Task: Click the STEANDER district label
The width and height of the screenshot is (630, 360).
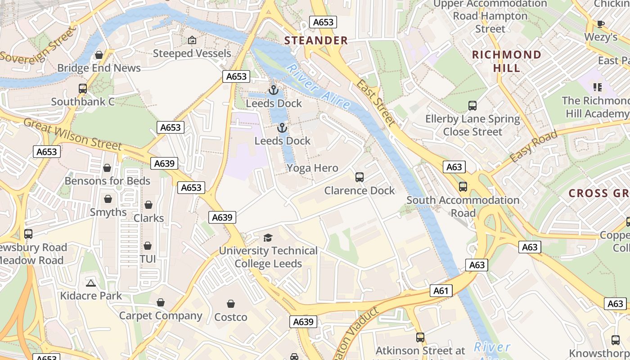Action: pyautogui.click(x=316, y=40)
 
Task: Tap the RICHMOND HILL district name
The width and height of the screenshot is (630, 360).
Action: pyautogui.click(x=506, y=61)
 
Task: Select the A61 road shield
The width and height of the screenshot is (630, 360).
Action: pyautogui.click(x=441, y=291)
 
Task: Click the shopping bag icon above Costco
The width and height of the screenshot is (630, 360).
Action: pyautogui.click(x=231, y=304)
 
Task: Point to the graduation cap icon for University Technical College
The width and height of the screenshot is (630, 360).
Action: pyautogui.click(x=268, y=238)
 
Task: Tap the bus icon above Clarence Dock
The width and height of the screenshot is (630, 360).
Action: pyautogui.click(x=359, y=177)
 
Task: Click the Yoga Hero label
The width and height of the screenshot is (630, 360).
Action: pyautogui.click(x=312, y=168)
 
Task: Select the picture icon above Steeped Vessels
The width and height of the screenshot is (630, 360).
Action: pyautogui.click(x=192, y=40)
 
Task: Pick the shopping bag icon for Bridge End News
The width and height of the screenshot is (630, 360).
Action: pyautogui.click(x=99, y=55)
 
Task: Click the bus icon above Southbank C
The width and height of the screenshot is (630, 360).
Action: pyautogui.click(x=83, y=89)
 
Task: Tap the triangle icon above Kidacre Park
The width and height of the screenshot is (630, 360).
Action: pyautogui.click(x=91, y=283)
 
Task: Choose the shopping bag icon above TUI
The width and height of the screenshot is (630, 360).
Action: pyautogui.click(x=148, y=246)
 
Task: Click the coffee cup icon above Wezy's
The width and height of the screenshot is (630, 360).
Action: pyautogui.click(x=600, y=24)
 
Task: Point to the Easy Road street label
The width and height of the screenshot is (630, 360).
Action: pyautogui.click(x=534, y=147)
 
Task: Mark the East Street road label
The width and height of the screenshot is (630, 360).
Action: pyautogui.click(x=376, y=103)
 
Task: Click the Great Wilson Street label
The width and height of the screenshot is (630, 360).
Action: pyautogui.click(x=72, y=134)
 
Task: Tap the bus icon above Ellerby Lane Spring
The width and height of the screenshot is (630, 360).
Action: pyautogui.click(x=472, y=106)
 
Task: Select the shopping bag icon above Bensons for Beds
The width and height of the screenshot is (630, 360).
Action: pyautogui.click(x=107, y=168)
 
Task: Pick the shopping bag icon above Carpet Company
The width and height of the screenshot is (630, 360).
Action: pyautogui.click(x=161, y=302)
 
